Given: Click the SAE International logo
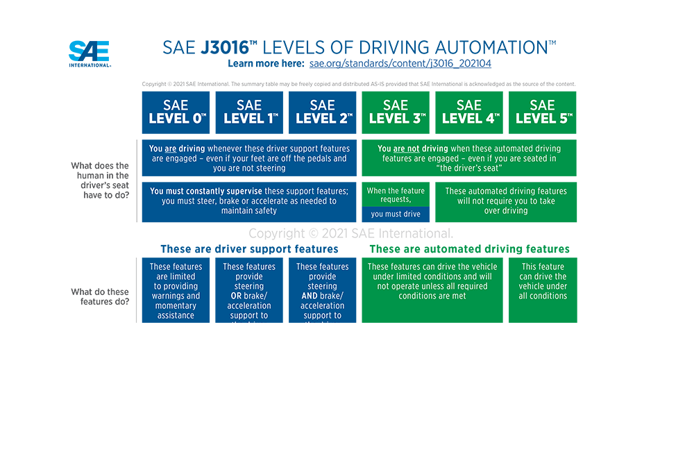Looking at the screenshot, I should click(x=89, y=53).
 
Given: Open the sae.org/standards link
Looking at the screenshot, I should click(x=400, y=64).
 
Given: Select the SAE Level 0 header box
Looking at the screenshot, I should click(x=176, y=112).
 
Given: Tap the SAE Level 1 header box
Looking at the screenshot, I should click(x=249, y=112).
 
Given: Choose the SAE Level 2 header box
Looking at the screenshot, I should click(x=322, y=112).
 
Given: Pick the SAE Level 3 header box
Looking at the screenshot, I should click(x=396, y=112).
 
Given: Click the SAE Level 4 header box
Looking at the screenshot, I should click(x=469, y=112).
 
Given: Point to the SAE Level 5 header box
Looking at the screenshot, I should click(x=543, y=112).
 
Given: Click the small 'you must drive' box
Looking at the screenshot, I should click(x=396, y=214).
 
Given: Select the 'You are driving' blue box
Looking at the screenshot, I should click(x=249, y=158).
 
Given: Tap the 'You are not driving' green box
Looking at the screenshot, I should click(x=469, y=158).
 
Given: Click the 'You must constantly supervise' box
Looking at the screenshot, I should click(x=249, y=201).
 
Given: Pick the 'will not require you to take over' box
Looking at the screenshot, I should click(x=506, y=201).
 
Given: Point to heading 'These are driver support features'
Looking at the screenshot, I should click(x=249, y=249).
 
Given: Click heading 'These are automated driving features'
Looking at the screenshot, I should click(x=469, y=249).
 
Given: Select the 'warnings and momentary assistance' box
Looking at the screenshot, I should click(x=176, y=291).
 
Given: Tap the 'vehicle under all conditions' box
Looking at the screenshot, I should click(x=543, y=291).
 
